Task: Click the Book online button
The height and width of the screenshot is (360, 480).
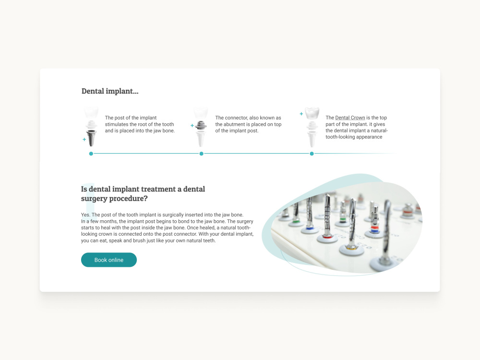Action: click(x=108, y=260)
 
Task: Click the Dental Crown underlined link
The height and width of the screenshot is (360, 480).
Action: click(x=350, y=118)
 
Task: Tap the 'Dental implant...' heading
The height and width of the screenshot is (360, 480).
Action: click(x=110, y=91)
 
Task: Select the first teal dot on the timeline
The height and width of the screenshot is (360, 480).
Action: click(x=91, y=154)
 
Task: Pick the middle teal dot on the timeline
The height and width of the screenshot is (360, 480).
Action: click(x=202, y=154)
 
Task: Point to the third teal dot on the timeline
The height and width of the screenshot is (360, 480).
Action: click(x=312, y=154)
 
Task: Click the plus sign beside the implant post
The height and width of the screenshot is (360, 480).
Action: click(x=84, y=139)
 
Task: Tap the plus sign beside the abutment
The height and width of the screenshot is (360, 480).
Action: click(x=192, y=125)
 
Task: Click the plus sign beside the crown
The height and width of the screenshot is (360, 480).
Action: click(x=301, y=114)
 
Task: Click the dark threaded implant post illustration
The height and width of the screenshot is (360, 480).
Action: click(x=91, y=138)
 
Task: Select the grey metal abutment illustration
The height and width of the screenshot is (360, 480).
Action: click(x=201, y=125)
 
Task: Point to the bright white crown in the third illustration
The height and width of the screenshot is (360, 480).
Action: click(x=312, y=113)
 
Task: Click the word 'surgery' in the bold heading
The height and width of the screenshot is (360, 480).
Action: click(x=94, y=199)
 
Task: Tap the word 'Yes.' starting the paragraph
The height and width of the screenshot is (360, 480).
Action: click(x=86, y=215)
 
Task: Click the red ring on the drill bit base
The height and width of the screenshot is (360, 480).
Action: click(x=327, y=237)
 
